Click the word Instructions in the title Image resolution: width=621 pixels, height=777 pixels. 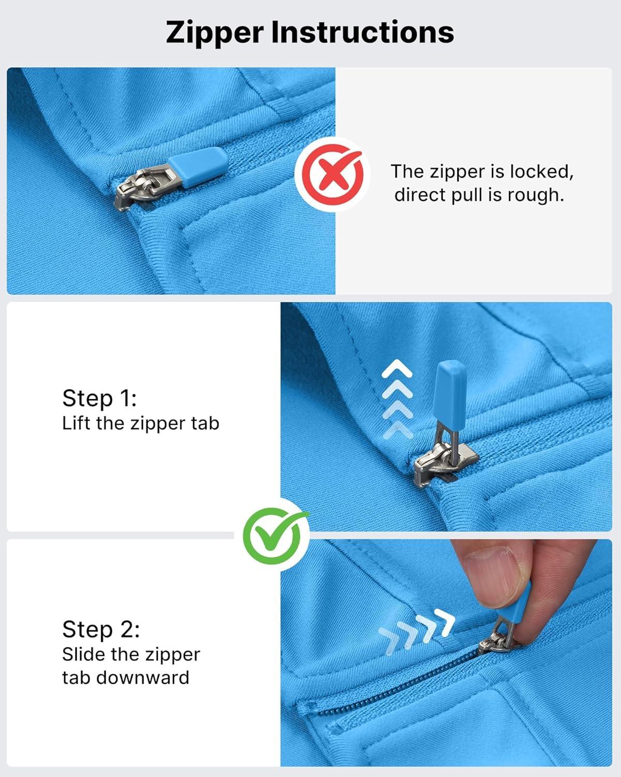363,32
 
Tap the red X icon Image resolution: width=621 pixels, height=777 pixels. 332,175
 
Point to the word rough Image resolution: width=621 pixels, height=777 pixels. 536,195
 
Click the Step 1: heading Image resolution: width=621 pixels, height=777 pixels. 99,398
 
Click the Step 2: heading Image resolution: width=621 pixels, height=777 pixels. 101,629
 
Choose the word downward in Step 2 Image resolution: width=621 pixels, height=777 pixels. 143,678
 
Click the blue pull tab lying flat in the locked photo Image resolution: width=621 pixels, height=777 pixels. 198,167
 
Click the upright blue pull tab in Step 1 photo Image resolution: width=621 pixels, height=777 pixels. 451,392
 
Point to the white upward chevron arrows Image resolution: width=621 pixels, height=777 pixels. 396,399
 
